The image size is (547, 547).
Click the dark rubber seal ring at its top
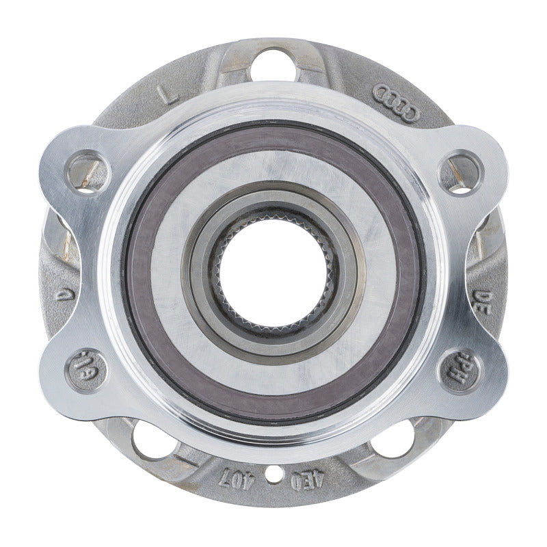pos(273,126)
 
